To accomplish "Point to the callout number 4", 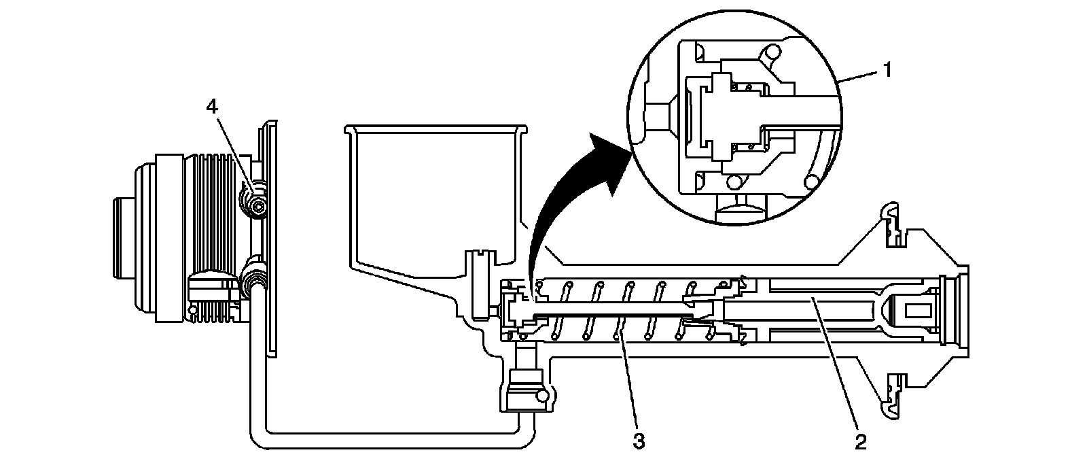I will pos(213,107).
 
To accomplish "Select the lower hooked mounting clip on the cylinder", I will pos(890,401).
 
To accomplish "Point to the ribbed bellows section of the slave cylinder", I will pos(211,238).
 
